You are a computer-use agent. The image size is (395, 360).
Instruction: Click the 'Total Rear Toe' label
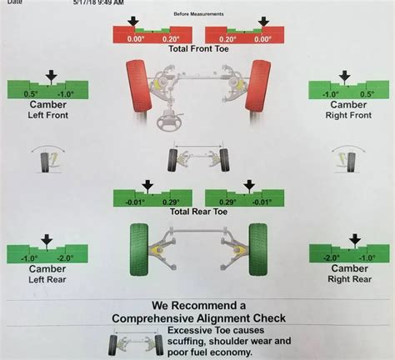point(197,212)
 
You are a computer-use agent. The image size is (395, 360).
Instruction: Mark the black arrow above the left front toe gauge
point(132,22)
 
